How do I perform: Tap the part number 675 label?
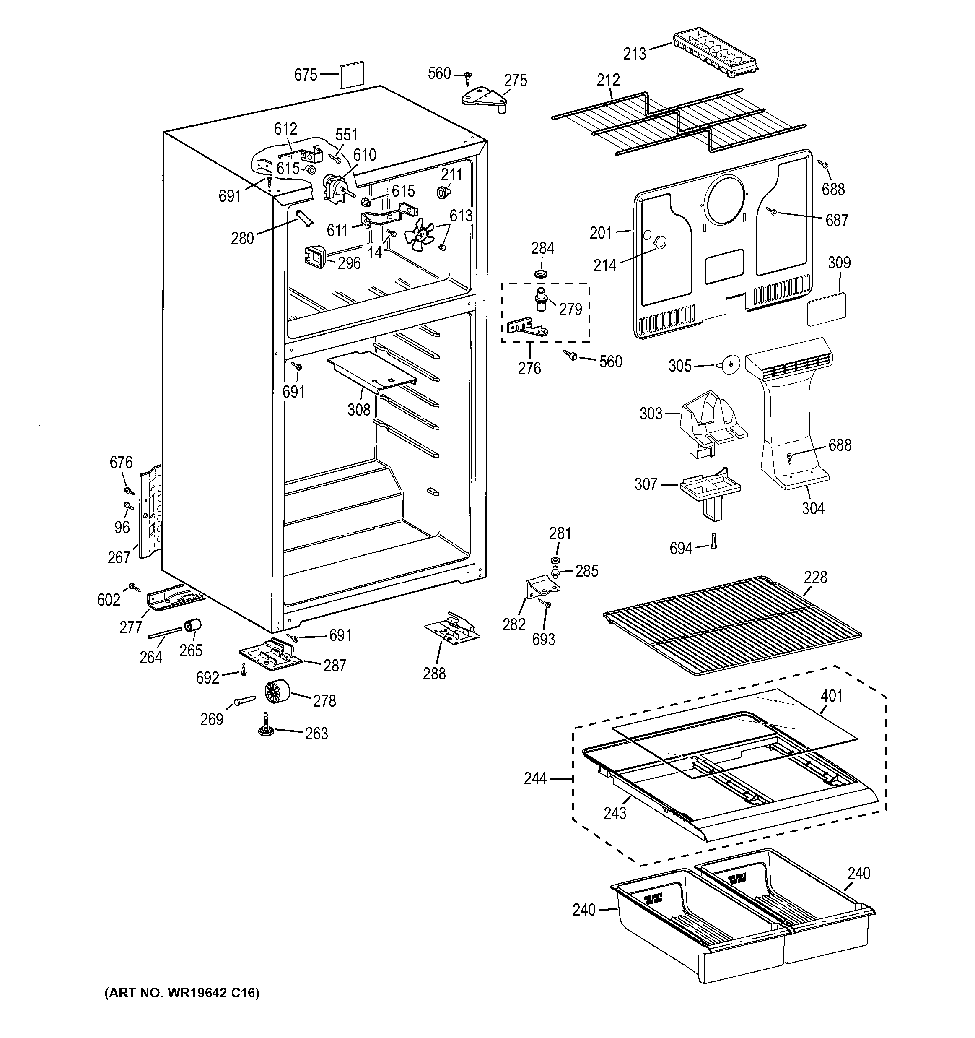tap(305, 75)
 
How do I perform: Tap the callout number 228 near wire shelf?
tap(816, 577)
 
